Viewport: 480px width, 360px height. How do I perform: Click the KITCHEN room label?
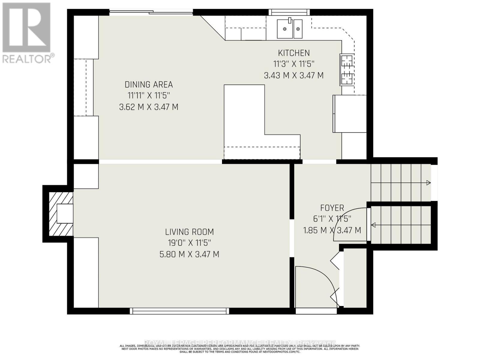[294, 53]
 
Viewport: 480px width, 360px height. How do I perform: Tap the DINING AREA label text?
[149, 85]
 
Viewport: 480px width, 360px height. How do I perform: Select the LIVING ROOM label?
[189, 232]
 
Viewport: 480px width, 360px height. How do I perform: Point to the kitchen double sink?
[289, 29]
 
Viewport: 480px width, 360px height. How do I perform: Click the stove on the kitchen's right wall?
[347, 69]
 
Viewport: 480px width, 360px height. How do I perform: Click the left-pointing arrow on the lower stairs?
[374, 225]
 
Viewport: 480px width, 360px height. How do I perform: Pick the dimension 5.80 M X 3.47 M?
[189, 254]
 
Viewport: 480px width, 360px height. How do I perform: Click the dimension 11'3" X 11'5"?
[294, 64]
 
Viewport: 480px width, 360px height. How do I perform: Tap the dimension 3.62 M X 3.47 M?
[149, 107]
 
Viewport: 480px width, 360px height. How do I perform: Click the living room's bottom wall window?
[179, 311]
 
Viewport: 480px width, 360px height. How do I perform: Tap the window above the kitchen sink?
[289, 12]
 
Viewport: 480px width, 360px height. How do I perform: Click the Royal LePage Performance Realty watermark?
[240, 343]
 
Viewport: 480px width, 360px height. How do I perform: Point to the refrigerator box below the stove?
[350, 114]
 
